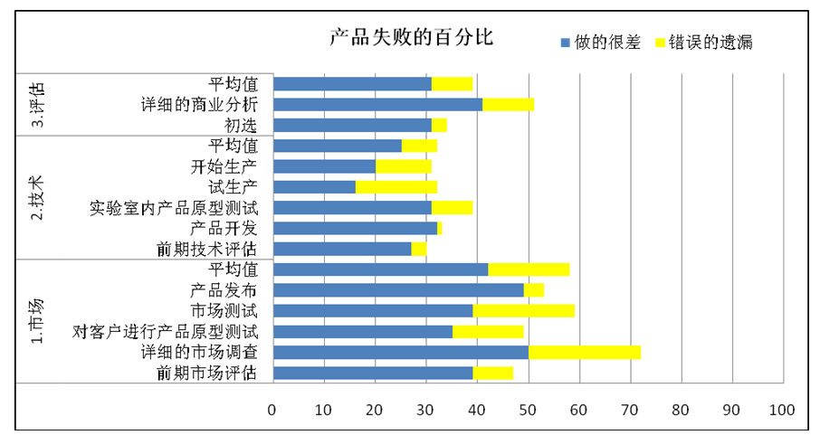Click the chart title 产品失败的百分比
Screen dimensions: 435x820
tap(411, 39)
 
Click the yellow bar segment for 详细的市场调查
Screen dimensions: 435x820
tap(584, 352)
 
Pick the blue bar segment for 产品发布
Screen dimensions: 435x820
tap(398, 290)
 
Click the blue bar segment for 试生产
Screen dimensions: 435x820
tap(314, 187)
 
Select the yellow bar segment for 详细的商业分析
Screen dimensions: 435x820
tap(508, 105)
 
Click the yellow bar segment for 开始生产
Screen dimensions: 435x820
tap(404, 166)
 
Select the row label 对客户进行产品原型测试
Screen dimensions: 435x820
tap(165, 331)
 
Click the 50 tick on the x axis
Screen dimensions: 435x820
tap(527, 409)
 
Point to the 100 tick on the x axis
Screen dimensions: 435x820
tap(781, 409)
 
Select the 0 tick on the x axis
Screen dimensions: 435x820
tap(272, 409)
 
